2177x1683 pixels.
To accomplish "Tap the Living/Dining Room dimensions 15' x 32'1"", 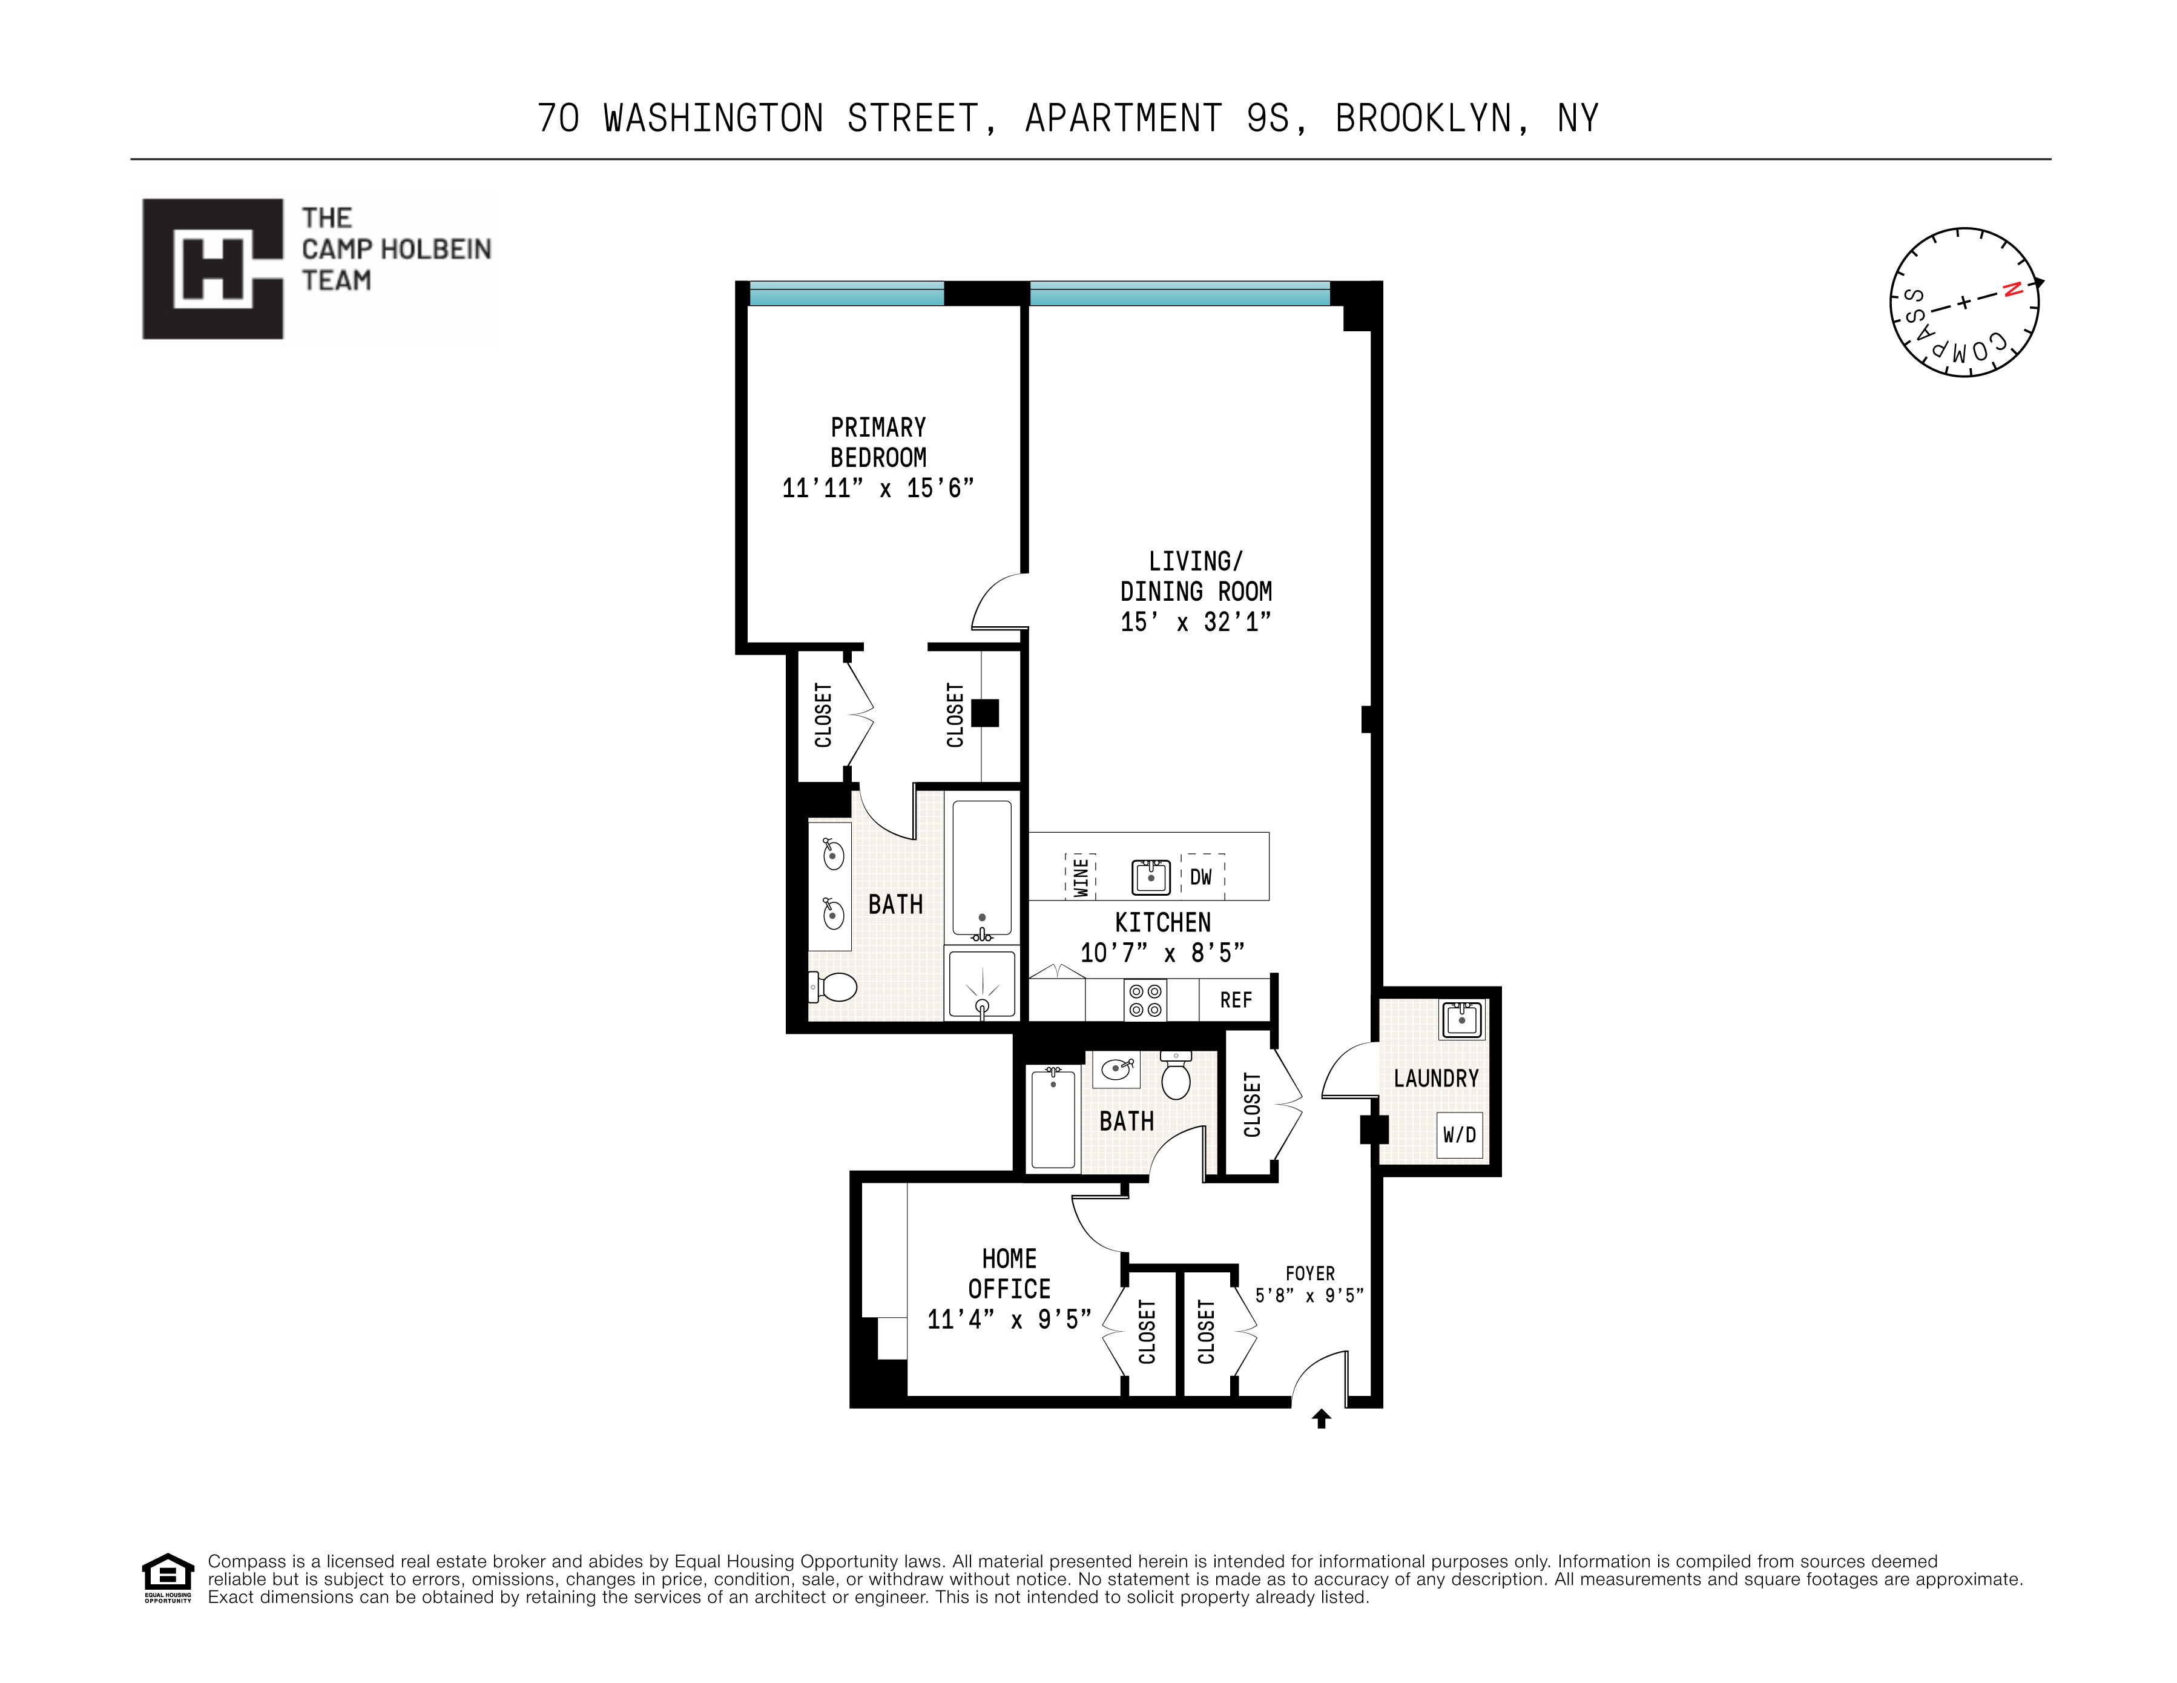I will tap(1195, 622).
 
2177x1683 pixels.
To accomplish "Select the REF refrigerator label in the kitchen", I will tap(1235, 1000).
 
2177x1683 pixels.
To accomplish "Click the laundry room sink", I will tap(1461, 1020).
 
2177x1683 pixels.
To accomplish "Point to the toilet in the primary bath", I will tap(834, 987).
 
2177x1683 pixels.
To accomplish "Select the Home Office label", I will tap(1009, 1274).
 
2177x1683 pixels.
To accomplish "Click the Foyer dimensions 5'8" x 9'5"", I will tap(1309, 1295).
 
